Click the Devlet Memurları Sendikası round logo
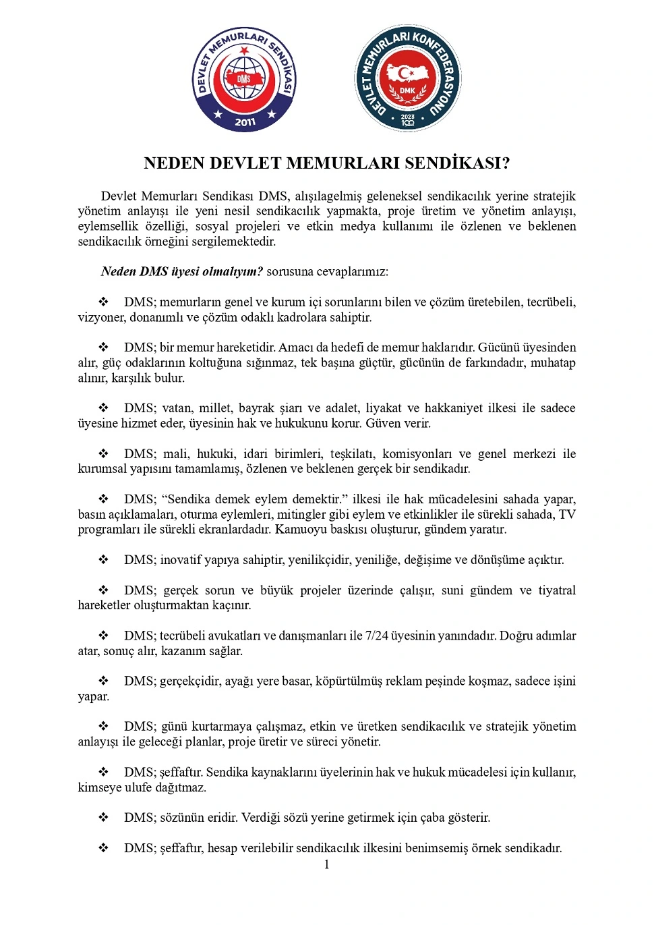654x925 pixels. tap(244, 80)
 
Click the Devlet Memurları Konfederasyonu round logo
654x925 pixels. tap(407, 78)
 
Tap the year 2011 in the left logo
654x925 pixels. tap(245, 122)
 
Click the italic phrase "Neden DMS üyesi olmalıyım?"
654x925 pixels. tap(181, 272)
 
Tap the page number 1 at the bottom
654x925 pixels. tap(327, 865)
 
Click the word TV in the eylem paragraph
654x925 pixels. tap(567, 514)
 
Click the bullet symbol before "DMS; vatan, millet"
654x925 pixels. tap(104, 408)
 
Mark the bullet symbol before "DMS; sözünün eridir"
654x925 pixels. tap(104, 818)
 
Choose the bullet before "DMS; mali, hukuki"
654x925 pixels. tap(104, 454)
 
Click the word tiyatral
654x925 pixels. tap(557, 590)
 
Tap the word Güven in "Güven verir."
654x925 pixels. tap(382, 424)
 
